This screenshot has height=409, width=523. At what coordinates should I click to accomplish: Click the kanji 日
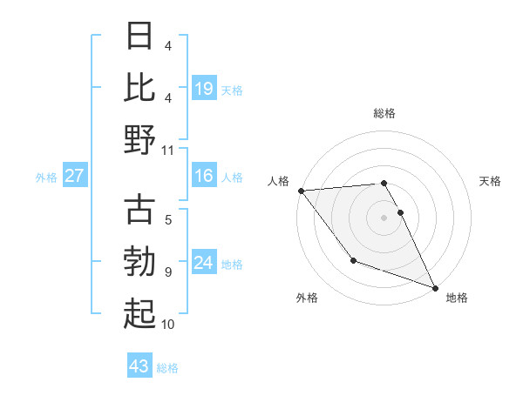pyautogui.click(x=139, y=37)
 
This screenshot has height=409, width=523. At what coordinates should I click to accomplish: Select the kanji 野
pyautogui.click(x=139, y=140)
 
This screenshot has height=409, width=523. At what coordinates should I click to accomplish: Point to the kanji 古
pyautogui.click(x=139, y=210)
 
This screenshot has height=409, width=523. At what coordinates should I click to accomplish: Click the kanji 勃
pyautogui.click(x=139, y=262)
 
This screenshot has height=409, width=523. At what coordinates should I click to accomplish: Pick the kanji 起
pyautogui.click(x=139, y=314)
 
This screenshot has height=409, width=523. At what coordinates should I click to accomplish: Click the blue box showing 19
pyautogui.click(x=203, y=88)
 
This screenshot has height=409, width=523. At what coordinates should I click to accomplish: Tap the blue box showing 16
pyautogui.click(x=203, y=177)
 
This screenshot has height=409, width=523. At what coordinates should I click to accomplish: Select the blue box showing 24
pyautogui.click(x=203, y=263)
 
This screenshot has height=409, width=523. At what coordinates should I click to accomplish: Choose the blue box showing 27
pyautogui.click(x=75, y=177)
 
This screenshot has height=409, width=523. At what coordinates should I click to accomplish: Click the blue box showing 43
pyautogui.click(x=139, y=366)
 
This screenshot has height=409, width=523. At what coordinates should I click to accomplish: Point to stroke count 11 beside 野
pyautogui.click(x=168, y=150)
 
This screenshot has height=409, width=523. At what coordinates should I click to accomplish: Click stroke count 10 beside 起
pyautogui.click(x=168, y=325)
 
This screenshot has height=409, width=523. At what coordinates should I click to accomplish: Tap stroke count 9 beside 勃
pyautogui.click(x=168, y=272)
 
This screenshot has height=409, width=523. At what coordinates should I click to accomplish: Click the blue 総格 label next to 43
pyautogui.click(x=167, y=368)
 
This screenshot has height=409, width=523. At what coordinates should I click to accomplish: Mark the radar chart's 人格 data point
pyautogui.click(x=301, y=190)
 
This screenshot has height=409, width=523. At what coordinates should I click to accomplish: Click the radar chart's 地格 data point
pyautogui.click(x=434, y=288)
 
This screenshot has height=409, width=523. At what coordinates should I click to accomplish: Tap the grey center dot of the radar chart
pyautogui.click(x=384, y=218)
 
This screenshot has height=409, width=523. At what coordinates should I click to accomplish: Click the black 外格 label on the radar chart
pyautogui.click(x=307, y=298)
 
